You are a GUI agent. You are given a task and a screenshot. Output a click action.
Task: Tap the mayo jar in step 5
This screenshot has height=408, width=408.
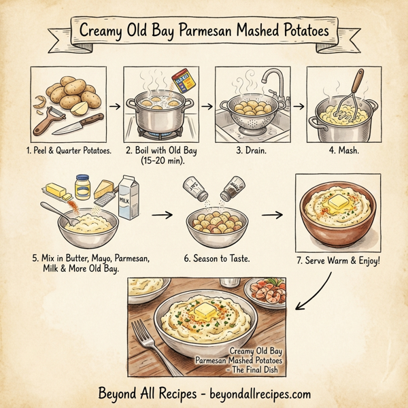coord(83,185)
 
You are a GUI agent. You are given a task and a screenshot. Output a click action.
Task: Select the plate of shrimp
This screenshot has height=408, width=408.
coord(265,294)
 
